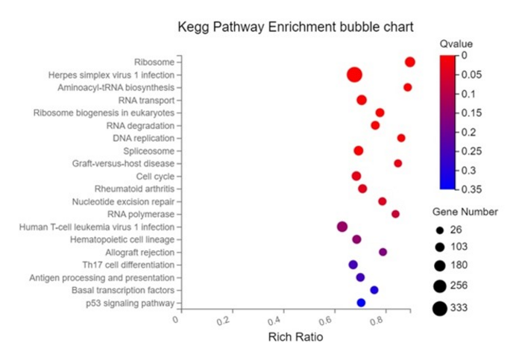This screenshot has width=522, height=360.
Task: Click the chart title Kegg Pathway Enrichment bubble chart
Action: coord(295,28)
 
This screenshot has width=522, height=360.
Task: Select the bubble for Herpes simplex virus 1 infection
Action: coord(354,75)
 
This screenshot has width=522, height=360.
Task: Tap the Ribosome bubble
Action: coord(409,62)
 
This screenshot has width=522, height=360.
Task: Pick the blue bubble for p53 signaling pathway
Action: coord(361,303)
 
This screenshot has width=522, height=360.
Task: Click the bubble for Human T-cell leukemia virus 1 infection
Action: coord(342,227)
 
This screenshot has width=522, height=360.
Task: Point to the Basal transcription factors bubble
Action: coord(374,290)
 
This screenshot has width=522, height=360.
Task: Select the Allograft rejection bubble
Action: coord(383,252)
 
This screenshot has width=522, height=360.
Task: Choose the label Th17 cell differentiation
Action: coord(128,265)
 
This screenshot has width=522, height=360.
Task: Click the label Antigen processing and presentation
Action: coord(101,277)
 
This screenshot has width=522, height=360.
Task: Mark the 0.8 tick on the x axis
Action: coord(388,320)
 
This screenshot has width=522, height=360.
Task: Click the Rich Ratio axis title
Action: coord(295,338)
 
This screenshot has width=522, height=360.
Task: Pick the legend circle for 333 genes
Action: coord(439,307)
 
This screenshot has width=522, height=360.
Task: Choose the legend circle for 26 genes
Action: coord(440,230)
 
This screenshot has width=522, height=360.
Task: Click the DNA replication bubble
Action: coord(401,138)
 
